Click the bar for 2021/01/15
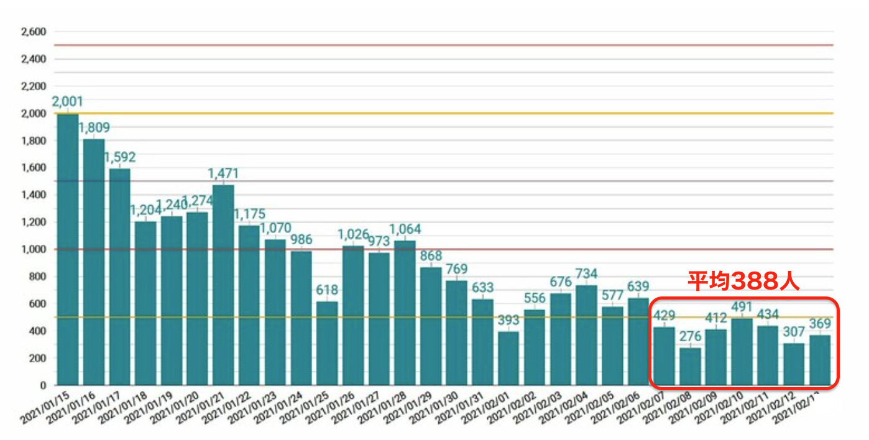(68, 249)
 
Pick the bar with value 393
(508, 359)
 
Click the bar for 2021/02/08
(690, 367)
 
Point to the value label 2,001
(68, 101)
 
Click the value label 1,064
(405, 229)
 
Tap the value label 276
(690, 337)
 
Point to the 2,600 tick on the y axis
(34, 32)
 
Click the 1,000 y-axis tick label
(34, 249)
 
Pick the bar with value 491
(742, 352)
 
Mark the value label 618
(327, 290)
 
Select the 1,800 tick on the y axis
(34, 140)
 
